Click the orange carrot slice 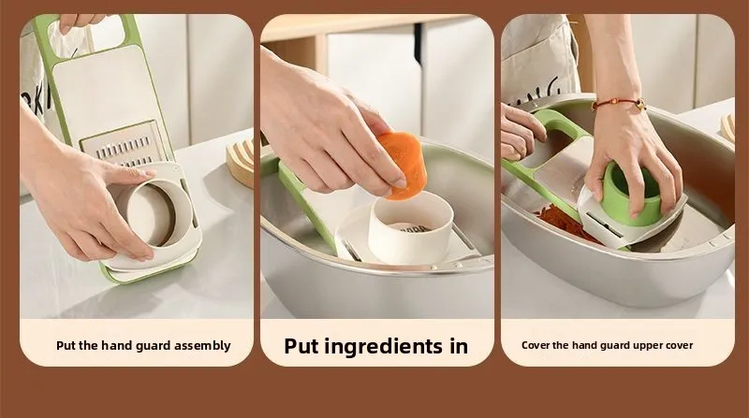pos(404,165)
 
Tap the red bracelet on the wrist pos(619,103)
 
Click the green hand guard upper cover pos(630,193)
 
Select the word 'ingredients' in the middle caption pos(384,347)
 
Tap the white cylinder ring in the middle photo pos(411,226)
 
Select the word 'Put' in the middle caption pos(301,346)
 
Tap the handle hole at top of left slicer pos(88,33)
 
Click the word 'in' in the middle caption pos(458,346)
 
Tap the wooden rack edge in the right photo pos(727,127)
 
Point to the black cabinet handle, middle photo pos(418,42)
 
